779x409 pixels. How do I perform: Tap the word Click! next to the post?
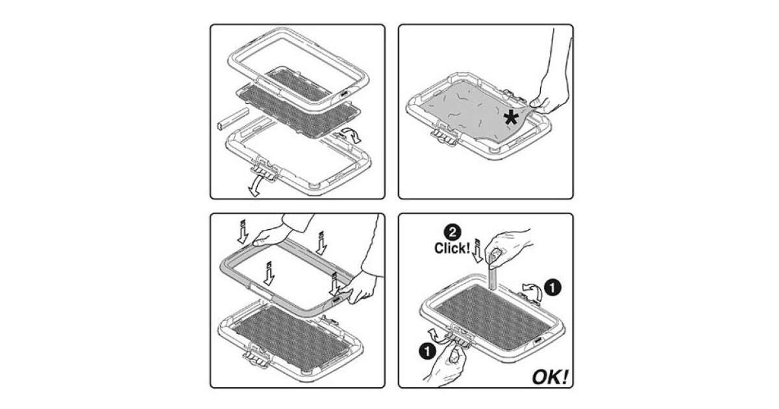[452, 248]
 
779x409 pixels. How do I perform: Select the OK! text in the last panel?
[550, 377]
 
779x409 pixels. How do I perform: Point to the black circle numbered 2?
[452, 232]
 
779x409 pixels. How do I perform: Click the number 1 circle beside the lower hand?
[428, 351]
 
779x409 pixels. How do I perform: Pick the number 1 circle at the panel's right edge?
[552, 288]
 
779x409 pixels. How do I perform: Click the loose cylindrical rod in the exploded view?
[232, 119]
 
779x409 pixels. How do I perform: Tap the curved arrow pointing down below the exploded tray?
[256, 186]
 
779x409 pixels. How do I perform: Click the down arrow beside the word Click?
[477, 251]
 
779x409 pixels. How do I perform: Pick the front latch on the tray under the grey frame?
[257, 356]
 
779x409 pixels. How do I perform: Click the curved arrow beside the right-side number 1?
[532, 291]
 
